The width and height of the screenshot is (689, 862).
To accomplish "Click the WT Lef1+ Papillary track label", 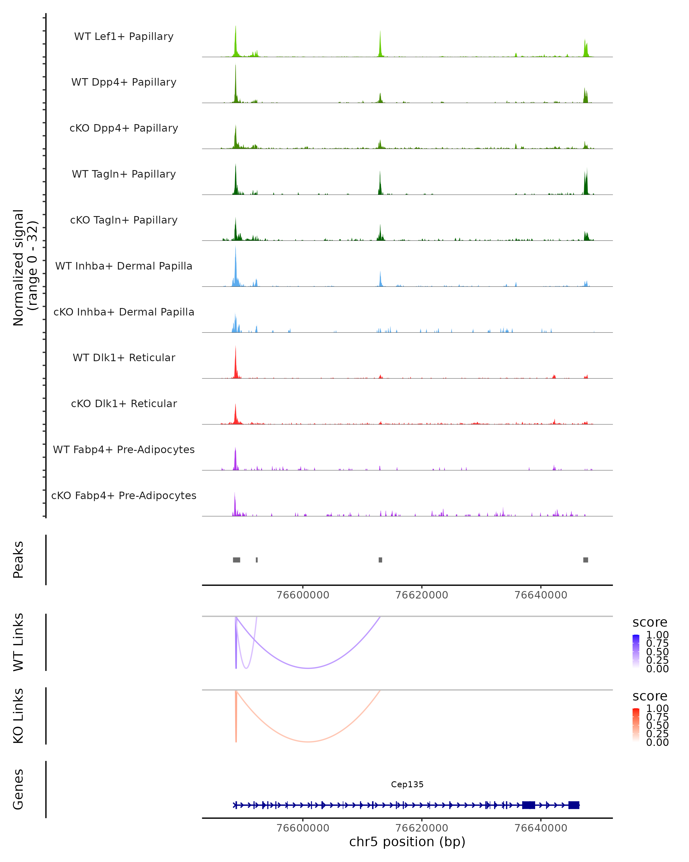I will pyautogui.click(x=124, y=36).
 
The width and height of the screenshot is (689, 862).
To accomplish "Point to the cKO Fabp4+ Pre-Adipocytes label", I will pyautogui.click(x=124, y=495).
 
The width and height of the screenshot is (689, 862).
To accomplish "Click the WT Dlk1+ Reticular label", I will pyautogui.click(x=124, y=357).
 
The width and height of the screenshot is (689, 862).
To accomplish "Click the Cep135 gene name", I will pyautogui.click(x=407, y=784).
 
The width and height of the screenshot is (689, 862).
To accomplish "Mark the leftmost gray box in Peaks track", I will pyautogui.click(x=237, y=560).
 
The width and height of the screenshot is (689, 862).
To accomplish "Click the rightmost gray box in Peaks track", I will pyautogui.click(x=586, y=560).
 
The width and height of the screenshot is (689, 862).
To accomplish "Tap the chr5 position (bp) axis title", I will pyautogui.click(x=407, y=842).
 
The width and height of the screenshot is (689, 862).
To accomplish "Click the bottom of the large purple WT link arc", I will pyautogui.click(x=308, y=668).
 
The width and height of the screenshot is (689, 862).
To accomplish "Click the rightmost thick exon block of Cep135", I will pyautogui.click(x=574, y=805).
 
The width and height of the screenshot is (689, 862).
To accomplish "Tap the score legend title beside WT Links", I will pyautogui.click(x=650, y=623).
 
